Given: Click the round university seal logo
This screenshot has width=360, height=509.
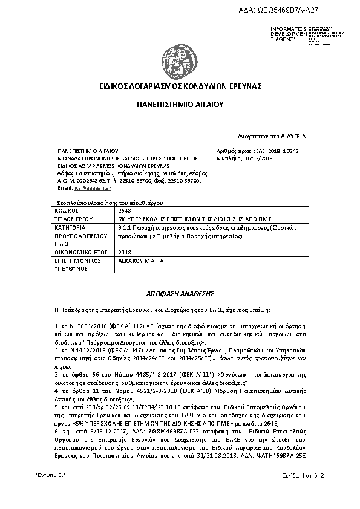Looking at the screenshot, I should (x=180, y=54).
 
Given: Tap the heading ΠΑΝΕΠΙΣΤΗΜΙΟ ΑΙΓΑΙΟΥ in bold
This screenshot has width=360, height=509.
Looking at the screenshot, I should (x=180, y=104).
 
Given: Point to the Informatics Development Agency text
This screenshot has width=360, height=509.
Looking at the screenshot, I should (x=284, y=34).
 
